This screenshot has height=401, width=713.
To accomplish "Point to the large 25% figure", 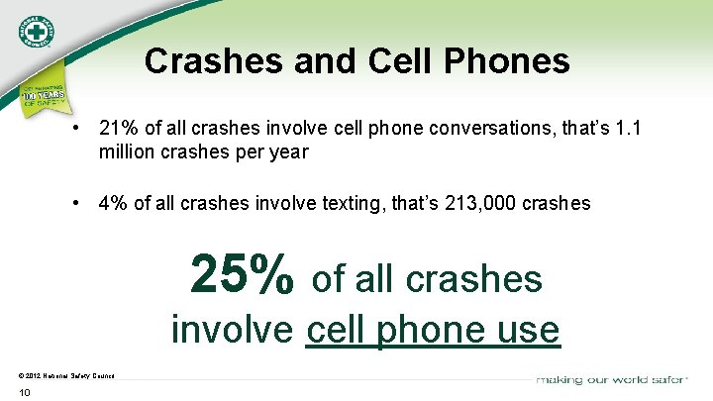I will (x=242, y=274).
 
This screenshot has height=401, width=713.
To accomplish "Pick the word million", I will (x=126, y=152).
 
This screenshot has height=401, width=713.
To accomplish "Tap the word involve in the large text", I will (x=233, y=329).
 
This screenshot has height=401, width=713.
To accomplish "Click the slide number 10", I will (x=25, y=393).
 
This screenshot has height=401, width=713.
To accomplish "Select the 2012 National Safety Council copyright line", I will (x=65, y=375).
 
